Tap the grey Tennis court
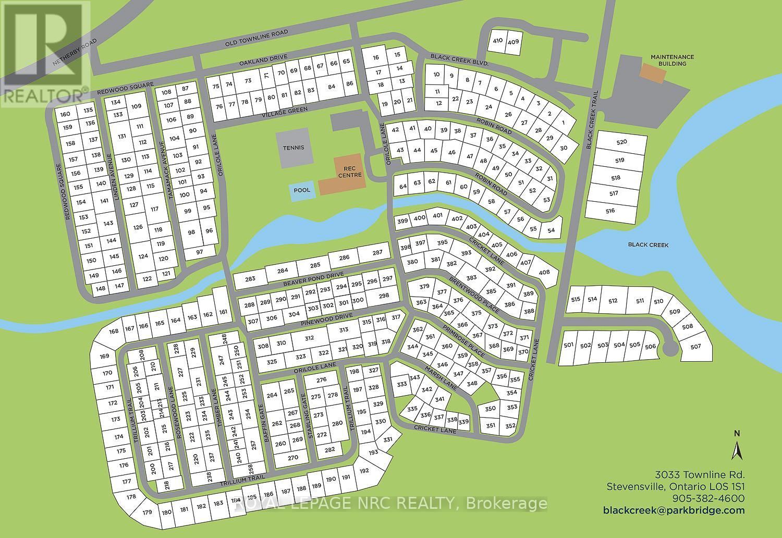tap(293, 148)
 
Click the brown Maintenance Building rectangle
tap(653, 74)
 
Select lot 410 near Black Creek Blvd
tap(497, 41)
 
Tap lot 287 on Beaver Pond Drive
tap(377, 253)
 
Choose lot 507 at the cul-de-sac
tap(695, 347)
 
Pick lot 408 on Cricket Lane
tap(544, 272)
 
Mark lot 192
tap(364, 471)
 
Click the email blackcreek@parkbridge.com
tap(674, 510)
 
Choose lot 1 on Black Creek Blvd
tap(563, 123)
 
